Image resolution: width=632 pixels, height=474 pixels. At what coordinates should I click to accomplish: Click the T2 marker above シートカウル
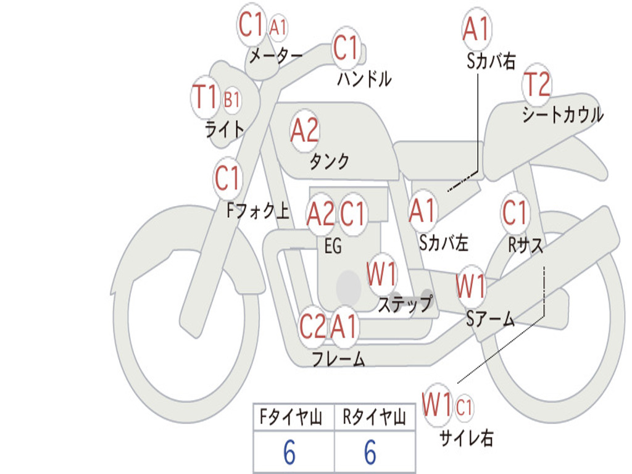(536, 85)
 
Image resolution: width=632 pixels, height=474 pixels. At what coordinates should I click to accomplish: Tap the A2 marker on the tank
(304, 130)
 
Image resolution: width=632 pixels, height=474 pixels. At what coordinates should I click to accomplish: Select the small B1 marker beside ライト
(232, 99)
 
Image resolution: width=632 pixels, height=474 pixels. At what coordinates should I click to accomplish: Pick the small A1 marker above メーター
(278, 27)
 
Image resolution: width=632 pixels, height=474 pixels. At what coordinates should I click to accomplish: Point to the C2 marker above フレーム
(312, 326)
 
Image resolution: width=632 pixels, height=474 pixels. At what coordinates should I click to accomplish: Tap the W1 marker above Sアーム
(470, 286)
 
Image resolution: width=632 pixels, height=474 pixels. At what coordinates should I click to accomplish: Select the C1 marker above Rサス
(515, 213)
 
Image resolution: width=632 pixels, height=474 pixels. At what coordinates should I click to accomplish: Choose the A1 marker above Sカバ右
(476, 29)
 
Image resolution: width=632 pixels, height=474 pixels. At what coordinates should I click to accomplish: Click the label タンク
(329, 162)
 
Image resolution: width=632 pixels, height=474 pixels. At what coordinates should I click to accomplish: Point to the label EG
(333, 246)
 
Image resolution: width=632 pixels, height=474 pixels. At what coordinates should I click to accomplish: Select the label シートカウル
(562, 115)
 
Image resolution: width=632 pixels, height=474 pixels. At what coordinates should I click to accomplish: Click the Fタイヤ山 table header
(289, 418)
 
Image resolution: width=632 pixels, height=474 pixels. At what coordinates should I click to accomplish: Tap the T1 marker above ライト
(206, 98)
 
